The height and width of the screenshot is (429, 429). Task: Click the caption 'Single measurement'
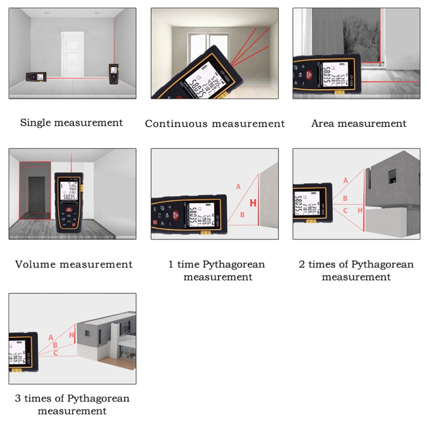pyautogui.click(x=71, y=122)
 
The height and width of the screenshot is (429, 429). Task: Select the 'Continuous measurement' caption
pyautogui.click(x=214, y=124)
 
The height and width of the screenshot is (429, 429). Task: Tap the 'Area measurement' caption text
pyautogui.click(x=359, y=123)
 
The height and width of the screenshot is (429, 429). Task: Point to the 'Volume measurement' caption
pyautogui.click(x=74, y=264)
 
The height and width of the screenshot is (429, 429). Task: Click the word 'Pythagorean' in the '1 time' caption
pyautogui.click(x=234, y=264)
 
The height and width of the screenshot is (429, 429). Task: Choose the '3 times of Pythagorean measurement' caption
pyautogui.click(x=72, y=404)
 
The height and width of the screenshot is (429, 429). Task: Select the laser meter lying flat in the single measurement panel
pyautogui.click(x=34, y=77)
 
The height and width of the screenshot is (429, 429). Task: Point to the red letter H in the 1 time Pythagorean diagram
pyautogui.click(x=253, y=202)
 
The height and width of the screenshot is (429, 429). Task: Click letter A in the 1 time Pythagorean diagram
pyautogui.click(x=239, y=186)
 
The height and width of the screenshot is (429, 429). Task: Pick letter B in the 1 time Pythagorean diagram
pyautogui.click(x=242, y=215)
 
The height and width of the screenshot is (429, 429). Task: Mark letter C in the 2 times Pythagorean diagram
pyautogui.click(x=345, y=210)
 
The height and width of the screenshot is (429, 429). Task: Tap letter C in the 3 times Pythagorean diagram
pyautogui.click(x=55, y=353)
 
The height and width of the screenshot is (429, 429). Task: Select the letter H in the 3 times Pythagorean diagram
pyautogui.click(x=71, y=335)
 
